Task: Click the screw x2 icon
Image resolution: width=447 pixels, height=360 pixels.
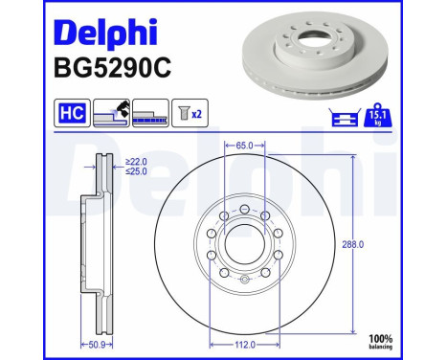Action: tap(189, 115)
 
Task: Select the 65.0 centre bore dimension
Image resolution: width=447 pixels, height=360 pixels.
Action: tap(243, 146)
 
